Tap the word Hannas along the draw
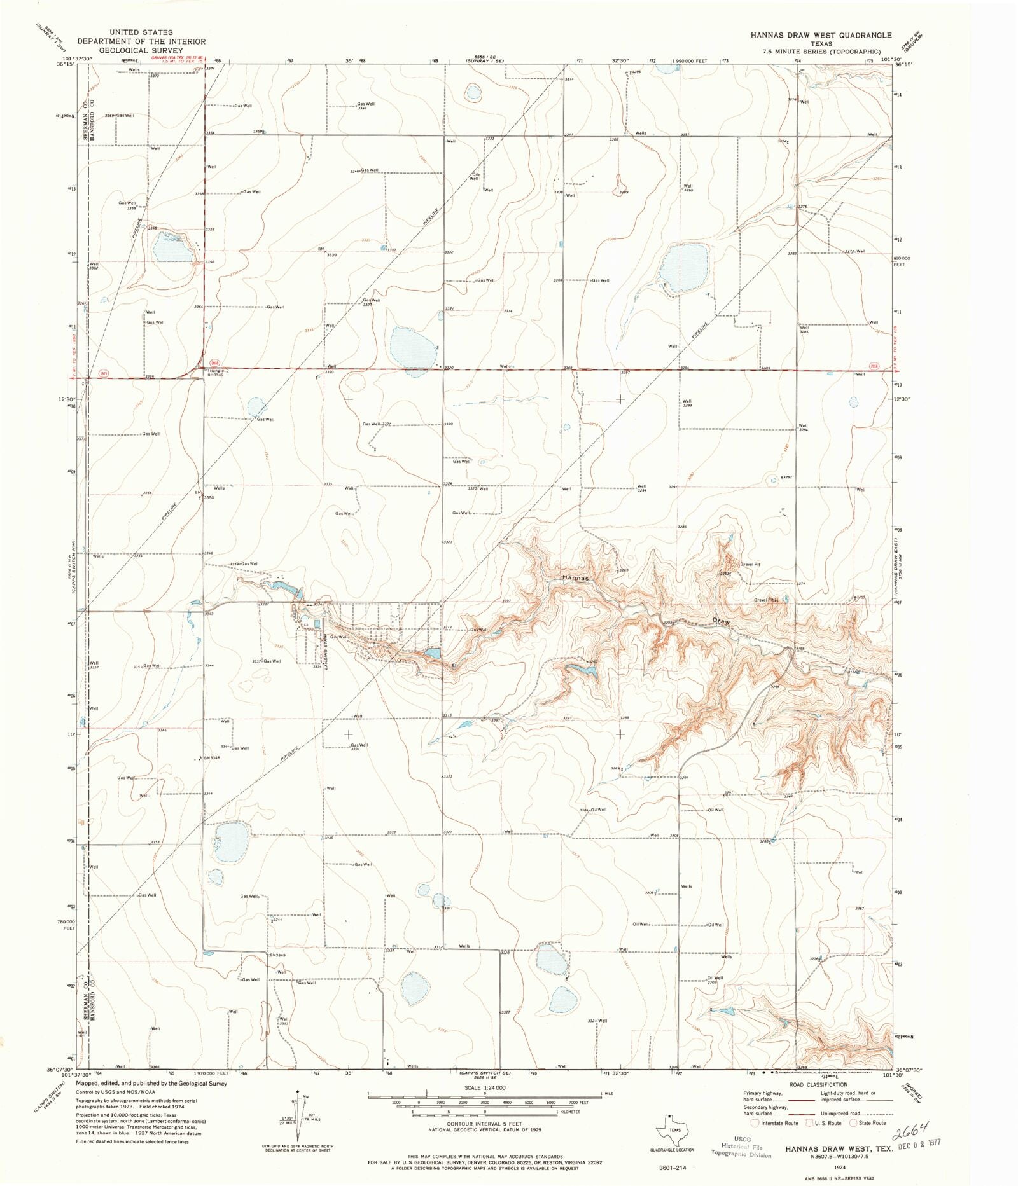click(577, 578)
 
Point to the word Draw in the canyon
click(722, 619)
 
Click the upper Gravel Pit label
click(749, 565)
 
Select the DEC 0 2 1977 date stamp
click(920, 1143)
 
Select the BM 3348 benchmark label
click(211, 758)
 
